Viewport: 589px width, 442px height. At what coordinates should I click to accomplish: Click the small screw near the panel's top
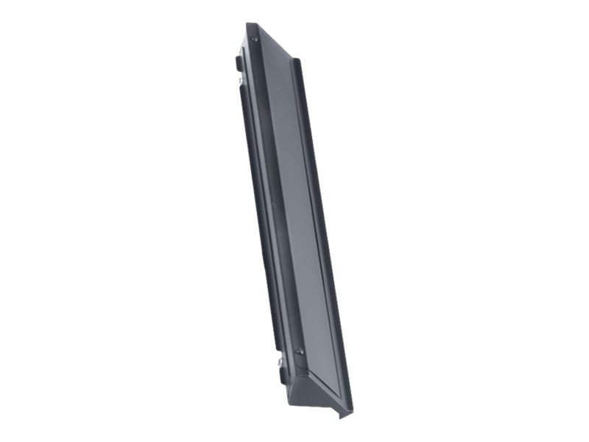tap(255, 39)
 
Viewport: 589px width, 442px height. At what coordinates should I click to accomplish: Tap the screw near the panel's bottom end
tap(299, 351)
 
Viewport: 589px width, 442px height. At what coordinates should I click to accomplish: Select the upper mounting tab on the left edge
tap(239, 64)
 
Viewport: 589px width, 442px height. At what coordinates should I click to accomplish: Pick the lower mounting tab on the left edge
tap(283, 374)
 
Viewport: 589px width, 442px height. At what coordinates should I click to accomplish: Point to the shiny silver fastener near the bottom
tap(280, 362)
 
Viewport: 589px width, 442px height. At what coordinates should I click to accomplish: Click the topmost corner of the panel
tap(249, 24)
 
